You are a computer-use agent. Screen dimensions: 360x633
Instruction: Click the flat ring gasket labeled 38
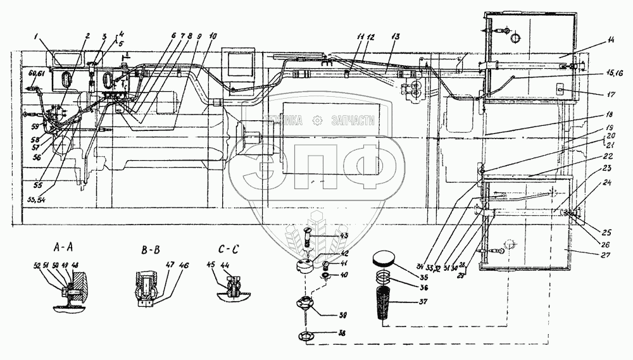[x=305, y=337]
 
